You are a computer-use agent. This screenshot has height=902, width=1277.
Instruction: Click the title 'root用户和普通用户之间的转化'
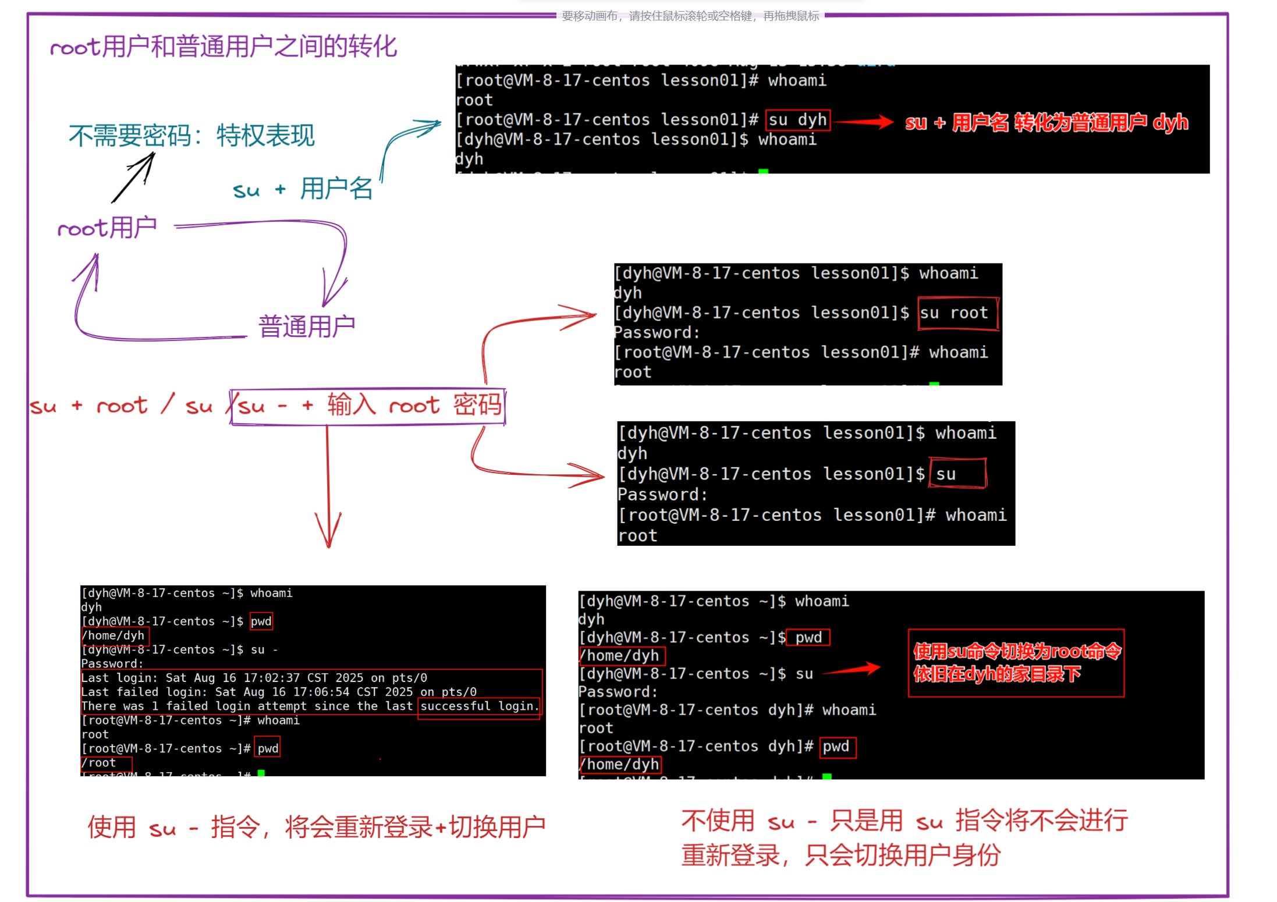pyautogui.click(x=224, y=47)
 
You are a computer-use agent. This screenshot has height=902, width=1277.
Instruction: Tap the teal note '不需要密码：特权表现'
pyautogui.click(x=191, y=136)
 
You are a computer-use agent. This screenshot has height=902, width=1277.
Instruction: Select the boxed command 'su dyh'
pyautogui.click(x=797, y=120)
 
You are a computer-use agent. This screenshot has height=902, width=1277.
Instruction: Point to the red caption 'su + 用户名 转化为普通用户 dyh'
pyautogui.click(x=1046, y=123)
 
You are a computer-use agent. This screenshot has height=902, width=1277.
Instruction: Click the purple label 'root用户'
pyautogui.click(x=107, y=228)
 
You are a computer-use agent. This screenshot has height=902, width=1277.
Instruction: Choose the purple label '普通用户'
pyautogui.click(x=307, y=326)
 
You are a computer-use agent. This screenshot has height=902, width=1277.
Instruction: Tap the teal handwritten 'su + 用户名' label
pyautogui.click(x=303, y=189)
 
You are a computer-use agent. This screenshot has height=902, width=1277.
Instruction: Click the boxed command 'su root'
pyautogui.click(x=957, y=313)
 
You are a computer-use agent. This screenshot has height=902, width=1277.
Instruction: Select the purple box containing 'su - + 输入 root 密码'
pyautogui.click(x=368, y=406)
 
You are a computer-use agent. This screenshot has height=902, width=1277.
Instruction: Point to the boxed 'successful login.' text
pyautogui.click(x=479, y=706)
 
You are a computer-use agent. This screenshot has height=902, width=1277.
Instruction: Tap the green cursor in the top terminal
pyautogui.click(x=763, y=171)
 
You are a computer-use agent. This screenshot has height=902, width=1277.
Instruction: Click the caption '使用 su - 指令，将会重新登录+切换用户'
pyautogui.click(x=316, y=827)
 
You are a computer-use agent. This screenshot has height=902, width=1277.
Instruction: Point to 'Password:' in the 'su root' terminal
pyautogui.click(x=657, y=333)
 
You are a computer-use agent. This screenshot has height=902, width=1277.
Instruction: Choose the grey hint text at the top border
pyautogui.click(x=690, y=16)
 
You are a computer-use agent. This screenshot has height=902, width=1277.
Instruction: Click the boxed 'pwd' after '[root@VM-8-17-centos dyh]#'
pyautogui.click(x=836, y=747)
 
